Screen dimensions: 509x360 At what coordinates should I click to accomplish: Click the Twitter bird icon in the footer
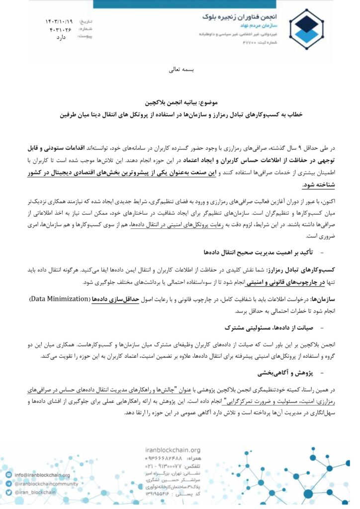pyautogui.click(x=8, y=492)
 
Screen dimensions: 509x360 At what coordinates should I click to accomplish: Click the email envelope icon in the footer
pyautogui.click(x=8, y=475)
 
